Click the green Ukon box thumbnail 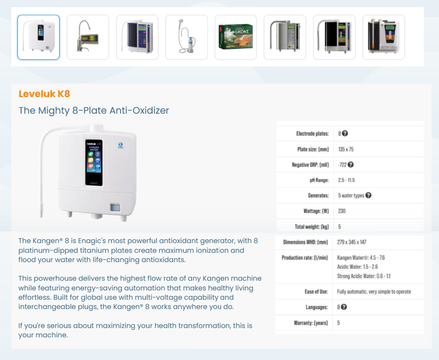236,37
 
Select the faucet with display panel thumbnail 88,37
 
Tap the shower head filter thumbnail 187,37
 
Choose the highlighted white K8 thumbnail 38,37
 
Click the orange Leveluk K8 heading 44,94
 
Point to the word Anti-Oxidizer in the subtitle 139,110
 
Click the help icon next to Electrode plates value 345,133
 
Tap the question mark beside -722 350,165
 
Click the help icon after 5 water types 369,195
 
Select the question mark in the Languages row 344,307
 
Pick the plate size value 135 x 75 346,149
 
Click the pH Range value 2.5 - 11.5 346,180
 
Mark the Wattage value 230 341,211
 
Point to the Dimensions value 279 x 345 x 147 352,242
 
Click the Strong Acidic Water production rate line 364,276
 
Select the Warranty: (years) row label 311,323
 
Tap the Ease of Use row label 316,292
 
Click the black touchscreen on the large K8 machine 94,163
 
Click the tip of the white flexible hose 41,216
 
